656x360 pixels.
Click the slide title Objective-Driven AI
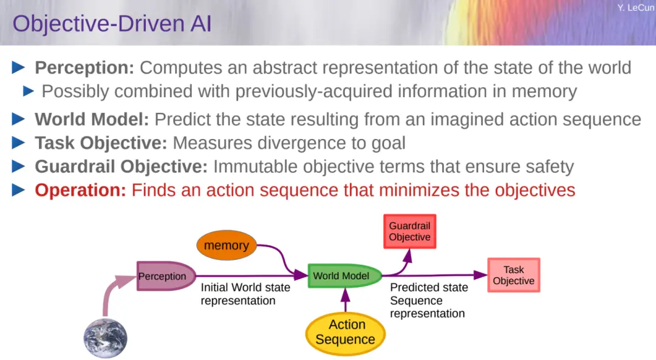[112, 24]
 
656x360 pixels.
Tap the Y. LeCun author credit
[636, 7]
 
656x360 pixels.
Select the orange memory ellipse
[227, 245]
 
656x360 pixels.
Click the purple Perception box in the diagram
[166, 276]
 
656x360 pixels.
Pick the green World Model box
[345, 276]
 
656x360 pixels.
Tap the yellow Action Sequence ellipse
[345, 333]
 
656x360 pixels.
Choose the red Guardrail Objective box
[409, 232]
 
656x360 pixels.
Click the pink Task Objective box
[514, 275]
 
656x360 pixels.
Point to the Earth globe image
[106, 338]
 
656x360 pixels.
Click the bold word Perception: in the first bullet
[84, 68]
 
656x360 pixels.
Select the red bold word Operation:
[80, 190]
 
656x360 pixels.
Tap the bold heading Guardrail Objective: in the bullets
[121, 166]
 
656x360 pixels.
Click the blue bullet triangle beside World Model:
[18, 119]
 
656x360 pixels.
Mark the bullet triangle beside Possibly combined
[29, 90]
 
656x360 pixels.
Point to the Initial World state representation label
[245, 294]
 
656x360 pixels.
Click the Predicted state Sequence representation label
[429, 301]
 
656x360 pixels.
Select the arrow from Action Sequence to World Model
[345, 301]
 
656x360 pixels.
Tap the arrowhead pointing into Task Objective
[480, 275]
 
